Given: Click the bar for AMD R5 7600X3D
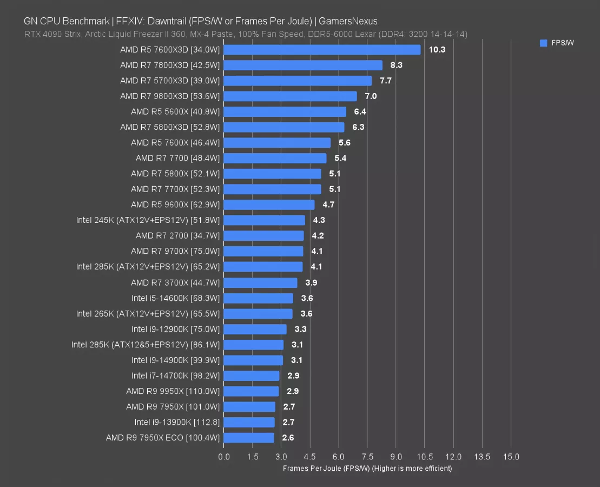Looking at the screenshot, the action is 322,50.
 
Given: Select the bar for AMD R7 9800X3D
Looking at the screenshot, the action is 290,96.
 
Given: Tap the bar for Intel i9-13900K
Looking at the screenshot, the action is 249,422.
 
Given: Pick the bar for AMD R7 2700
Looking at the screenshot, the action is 263,236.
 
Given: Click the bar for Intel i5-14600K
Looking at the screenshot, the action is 258,298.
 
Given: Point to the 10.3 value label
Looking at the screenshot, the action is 437,50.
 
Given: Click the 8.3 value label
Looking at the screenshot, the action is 397,65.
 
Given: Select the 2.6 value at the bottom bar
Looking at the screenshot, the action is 288,438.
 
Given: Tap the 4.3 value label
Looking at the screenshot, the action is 319,220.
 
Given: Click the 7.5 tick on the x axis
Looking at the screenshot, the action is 367,457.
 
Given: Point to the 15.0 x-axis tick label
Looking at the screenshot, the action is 511,457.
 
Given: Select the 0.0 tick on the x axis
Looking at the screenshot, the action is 224,457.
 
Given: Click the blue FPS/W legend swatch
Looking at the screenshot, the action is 543,43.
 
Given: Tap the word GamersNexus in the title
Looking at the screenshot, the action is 348,21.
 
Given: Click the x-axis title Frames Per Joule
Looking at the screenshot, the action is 367,468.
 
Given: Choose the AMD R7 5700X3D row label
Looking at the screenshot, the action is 170,81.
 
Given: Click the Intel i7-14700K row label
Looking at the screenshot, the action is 176,376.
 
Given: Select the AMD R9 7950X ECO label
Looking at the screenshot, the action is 163,438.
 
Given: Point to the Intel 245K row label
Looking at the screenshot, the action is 148,220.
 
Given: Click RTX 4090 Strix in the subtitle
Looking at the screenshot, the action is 52,34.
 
